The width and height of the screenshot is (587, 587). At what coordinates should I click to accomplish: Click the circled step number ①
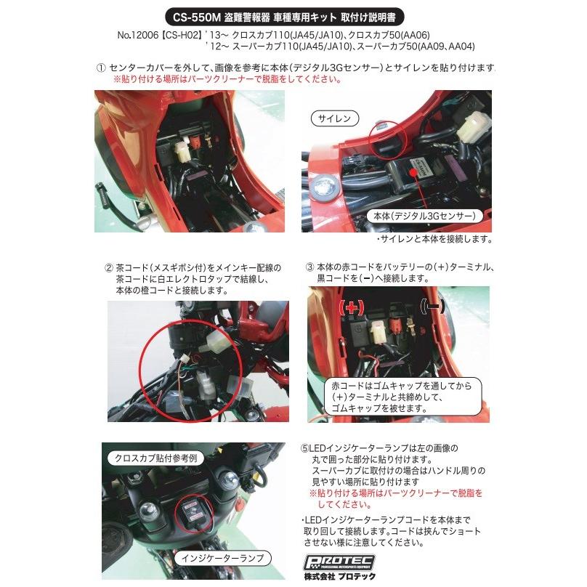click(101, 67)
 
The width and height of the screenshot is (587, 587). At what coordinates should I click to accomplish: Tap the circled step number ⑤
click(304, 448)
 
